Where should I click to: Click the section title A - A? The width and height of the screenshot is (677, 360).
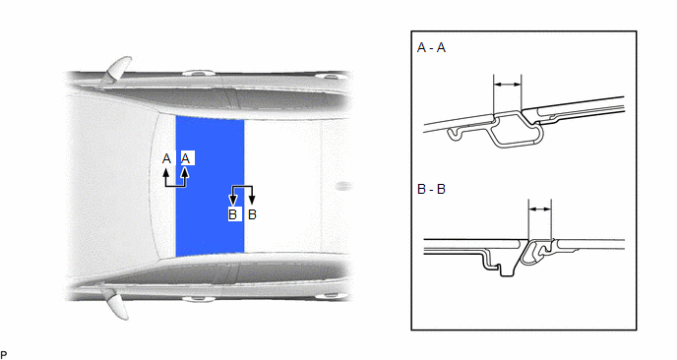[x=431, y=47]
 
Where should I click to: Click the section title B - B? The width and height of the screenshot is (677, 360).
[x=431, y=189]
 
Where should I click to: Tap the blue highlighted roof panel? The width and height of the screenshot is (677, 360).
[x=210, y=186]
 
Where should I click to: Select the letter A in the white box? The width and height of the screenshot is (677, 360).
[x=186, y=158]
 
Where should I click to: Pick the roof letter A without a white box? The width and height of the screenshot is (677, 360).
[x=166, y=158]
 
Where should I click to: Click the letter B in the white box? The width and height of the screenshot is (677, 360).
[x=233, y=214]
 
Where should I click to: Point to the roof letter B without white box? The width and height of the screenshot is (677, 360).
[x=252, y=214]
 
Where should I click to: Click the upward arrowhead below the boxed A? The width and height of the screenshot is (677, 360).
[x=185, y=172]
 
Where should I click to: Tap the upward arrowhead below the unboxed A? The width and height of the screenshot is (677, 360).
[x=165, y=172]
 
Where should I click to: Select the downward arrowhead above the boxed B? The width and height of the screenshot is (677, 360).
[x=233, y=200]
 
